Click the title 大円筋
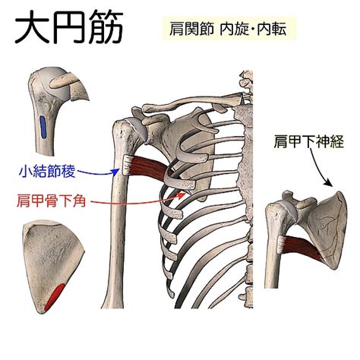click(69, 27)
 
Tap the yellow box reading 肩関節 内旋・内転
click(229, 28)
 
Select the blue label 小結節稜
click(47, 172)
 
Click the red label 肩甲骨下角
click(51, 201)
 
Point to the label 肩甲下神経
click(308, 141)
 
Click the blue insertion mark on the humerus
click(43, 127)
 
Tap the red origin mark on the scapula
click(55, 297)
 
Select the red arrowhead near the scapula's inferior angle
click(182, 194)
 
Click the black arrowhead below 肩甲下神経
click(329, 182)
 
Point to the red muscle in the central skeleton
click(149, 166)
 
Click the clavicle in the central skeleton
click(191, 103)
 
